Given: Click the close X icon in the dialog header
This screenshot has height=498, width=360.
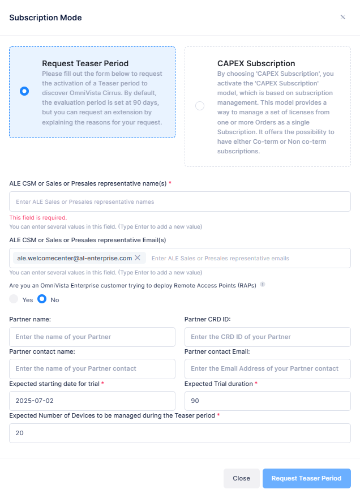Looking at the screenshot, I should [342, 17].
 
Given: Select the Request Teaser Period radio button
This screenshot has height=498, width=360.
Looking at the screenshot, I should [24, 91].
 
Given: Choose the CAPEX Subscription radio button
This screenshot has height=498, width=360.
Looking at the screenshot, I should [199, 106].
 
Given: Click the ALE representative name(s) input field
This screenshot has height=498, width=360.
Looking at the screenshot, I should [180, 201].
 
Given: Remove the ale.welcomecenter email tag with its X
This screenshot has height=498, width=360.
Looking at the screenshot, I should [138, 257].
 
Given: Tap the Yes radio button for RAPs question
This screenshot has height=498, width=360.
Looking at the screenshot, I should [14, 299].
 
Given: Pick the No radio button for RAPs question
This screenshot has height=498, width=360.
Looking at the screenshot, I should [42, 299].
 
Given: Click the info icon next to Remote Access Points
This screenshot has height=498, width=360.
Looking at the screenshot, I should [263, 285].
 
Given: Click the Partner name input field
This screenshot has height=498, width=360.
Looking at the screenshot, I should [92, 337].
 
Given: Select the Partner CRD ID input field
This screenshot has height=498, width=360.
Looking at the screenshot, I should [268, 337].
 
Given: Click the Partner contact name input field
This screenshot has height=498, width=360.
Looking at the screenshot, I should [92, 368].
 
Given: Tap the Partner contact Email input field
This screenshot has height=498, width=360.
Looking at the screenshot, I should [268, 368].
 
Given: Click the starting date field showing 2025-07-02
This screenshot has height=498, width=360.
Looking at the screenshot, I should [92, 401].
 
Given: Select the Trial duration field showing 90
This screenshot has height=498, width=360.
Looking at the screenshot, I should [268, 401].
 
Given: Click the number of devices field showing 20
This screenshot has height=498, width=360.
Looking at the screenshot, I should [180, 433].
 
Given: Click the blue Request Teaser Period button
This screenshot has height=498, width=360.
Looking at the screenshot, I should [306, 478].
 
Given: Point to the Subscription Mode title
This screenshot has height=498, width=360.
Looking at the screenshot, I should [45, 18].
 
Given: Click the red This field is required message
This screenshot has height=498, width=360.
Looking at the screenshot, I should [38, 217].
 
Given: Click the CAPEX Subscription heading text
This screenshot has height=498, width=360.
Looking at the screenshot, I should [256, 63].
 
